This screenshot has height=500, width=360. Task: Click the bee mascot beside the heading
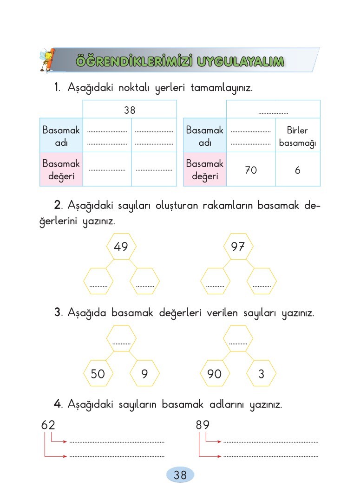(x=48, y=59)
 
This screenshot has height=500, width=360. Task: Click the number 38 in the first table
(x=130, y=110)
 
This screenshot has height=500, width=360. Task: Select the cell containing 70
(x=251, y=169)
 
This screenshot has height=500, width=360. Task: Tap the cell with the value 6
(x=297, y=169)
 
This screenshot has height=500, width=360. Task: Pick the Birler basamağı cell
(x=297, y=136)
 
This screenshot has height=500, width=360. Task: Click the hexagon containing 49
(x=121, y=246)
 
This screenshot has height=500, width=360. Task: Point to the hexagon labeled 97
(x=238, y=246)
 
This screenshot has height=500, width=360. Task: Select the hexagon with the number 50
(x=98, y=373)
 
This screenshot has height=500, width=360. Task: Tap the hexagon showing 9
(x=144, y=373)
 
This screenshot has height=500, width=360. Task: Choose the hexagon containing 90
(x=215, y=373)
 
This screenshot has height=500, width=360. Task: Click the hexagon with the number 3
(x=262, y=373)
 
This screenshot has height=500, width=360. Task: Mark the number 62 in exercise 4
(x=48, y=425)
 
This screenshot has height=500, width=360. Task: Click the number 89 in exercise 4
(x=203, y=425)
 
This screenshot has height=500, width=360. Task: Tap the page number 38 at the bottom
(x=180, y=475)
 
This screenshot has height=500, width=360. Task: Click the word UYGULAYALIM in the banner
(x=240, y=61)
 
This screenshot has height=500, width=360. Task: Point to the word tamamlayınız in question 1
(x=222, y=87)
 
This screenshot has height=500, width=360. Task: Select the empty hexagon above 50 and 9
(x=121, y=338)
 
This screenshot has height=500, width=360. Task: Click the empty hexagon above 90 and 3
(x=238, y=338)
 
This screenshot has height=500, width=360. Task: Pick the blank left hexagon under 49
(x=98, y=281)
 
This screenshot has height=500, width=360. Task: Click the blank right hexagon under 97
(x=262, y=281)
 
